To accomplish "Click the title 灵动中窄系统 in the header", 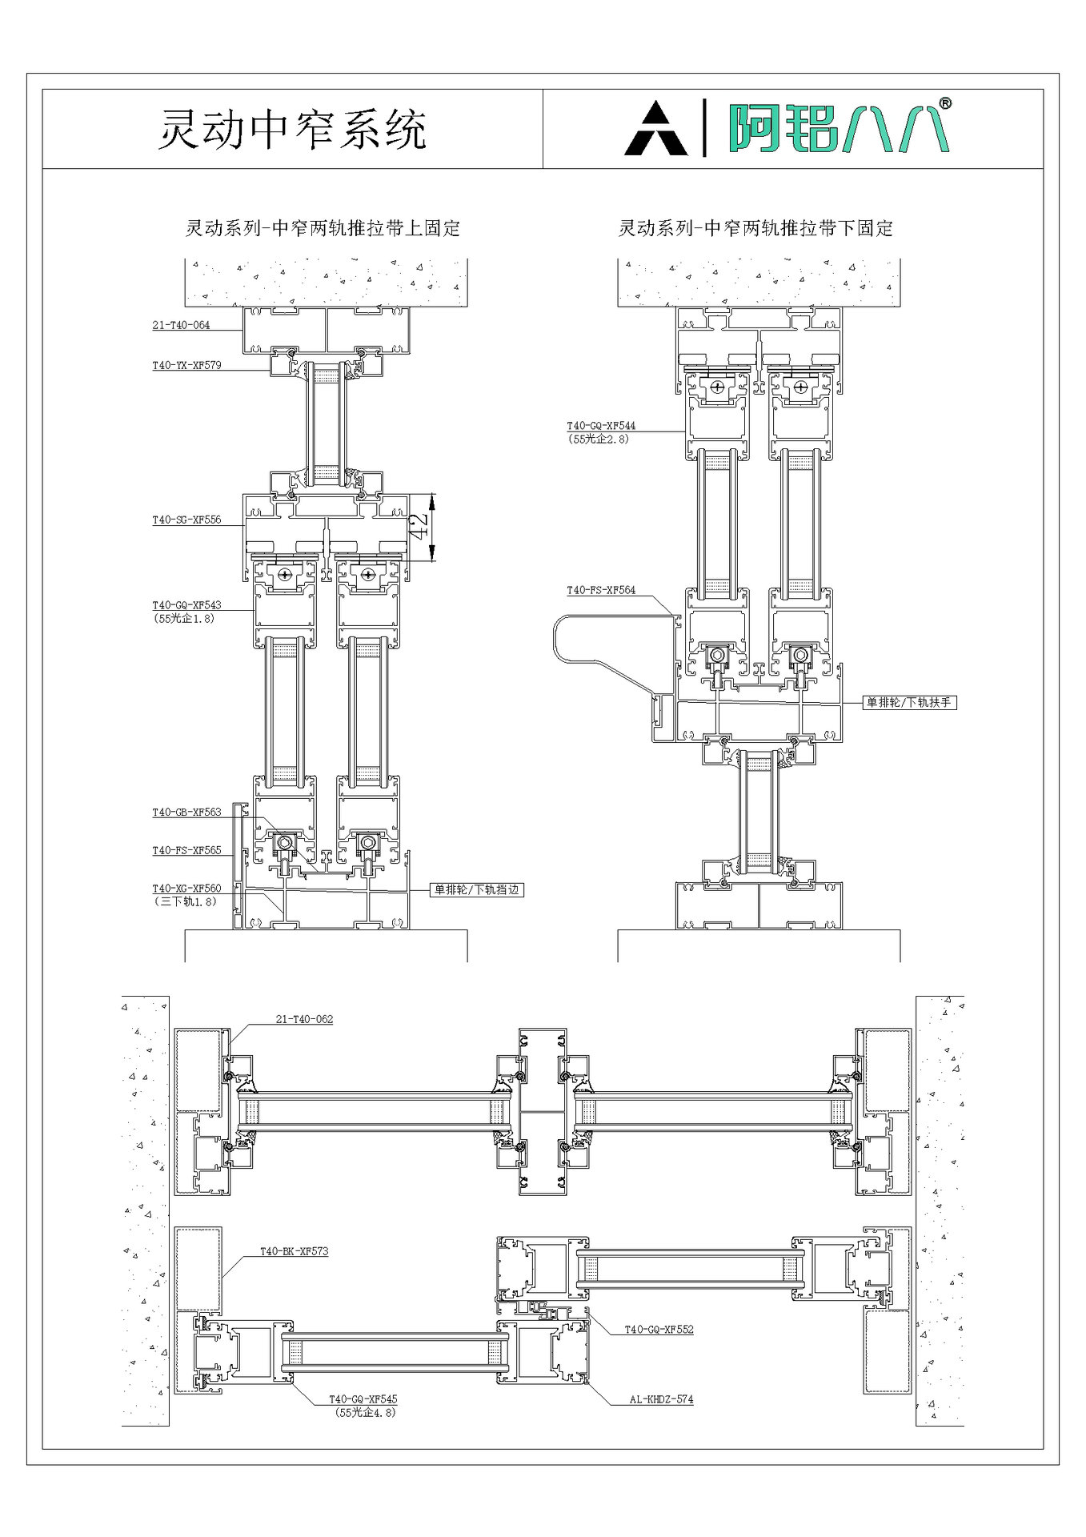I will click(292, 129).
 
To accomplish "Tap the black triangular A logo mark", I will click(655, 129).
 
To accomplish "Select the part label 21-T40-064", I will click(181, 325).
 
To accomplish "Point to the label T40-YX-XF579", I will click(186, 366).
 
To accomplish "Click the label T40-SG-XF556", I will click(186, 520).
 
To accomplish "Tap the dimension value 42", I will click(419, 527).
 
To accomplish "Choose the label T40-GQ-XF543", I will click(186, 605).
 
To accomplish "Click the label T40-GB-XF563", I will click(186, 812).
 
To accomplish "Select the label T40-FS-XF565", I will click(186, 850).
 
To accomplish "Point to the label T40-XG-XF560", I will click(186, 889).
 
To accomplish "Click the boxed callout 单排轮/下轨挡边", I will click(477, 889).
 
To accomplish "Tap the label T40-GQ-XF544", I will click(601, 427).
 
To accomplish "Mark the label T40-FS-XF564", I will click(601, 590).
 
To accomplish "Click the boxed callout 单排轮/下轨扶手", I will click(910, 703).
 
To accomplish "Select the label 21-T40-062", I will click(304, 1020).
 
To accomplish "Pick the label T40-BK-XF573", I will click(294, 1250).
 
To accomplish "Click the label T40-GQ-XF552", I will click(659, 1330).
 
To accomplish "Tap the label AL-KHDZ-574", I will click(660, 1399).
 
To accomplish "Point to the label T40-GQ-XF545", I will click(363, 1399).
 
